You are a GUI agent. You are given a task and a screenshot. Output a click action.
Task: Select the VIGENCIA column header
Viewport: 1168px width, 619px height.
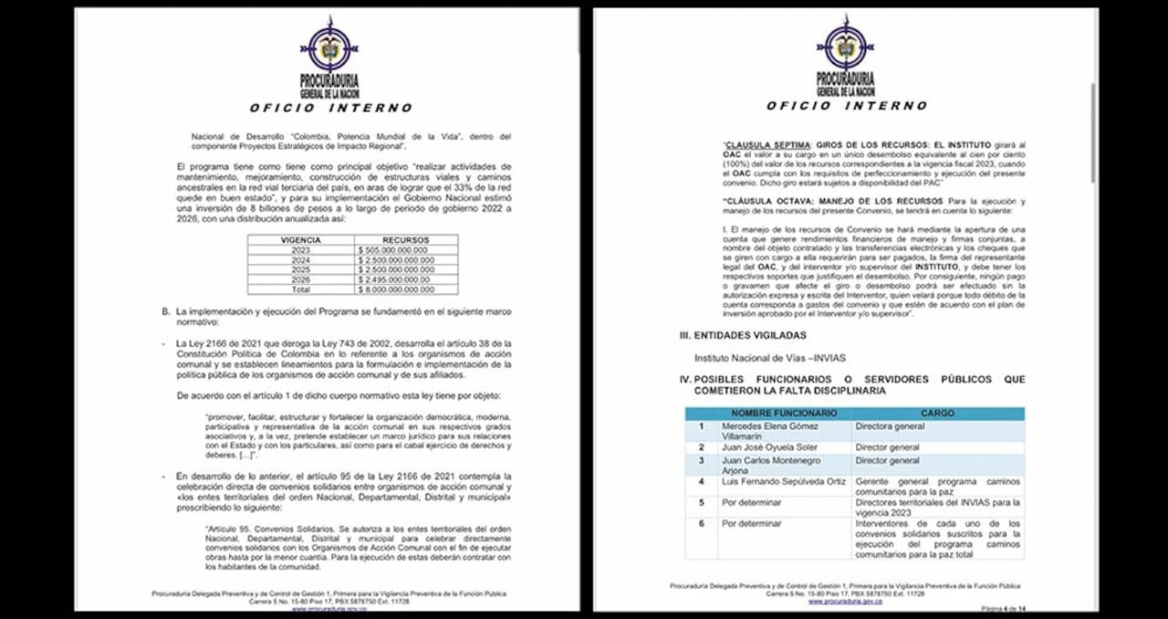pos(300,240)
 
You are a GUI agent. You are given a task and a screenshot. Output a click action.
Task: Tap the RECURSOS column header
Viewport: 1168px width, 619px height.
pos(406,240)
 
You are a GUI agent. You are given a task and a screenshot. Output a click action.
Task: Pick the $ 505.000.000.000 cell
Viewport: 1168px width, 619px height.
pos(399,250)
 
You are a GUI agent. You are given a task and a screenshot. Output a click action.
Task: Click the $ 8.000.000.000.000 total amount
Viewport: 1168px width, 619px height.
pos(401,289)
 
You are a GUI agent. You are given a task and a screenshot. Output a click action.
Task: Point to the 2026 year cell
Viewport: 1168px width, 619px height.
pos(300,279)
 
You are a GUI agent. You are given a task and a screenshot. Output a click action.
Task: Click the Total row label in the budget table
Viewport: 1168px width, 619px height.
pos(300,289)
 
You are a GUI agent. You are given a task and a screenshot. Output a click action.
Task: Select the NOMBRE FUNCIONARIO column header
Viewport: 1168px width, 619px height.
pos(783,414)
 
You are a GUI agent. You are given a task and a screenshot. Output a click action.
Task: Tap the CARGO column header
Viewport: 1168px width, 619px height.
pos(937,414)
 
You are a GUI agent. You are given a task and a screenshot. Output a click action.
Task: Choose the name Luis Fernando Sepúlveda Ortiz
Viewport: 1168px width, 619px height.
pos(783,481)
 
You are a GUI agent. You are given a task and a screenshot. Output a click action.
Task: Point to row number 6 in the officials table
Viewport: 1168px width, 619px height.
pos(701,524)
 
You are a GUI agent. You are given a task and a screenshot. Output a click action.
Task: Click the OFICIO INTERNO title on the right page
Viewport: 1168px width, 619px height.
pos(846,106)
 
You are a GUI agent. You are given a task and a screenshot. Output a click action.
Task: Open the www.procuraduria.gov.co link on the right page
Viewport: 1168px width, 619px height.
pos(845,602)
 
